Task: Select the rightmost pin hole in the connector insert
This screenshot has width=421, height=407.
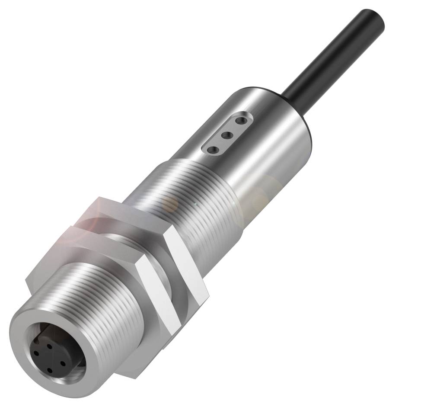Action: [x=63, y=362]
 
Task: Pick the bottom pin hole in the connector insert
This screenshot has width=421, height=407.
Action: [x=49, y=370]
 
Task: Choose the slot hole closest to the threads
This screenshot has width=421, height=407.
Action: [x=212, y=149]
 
